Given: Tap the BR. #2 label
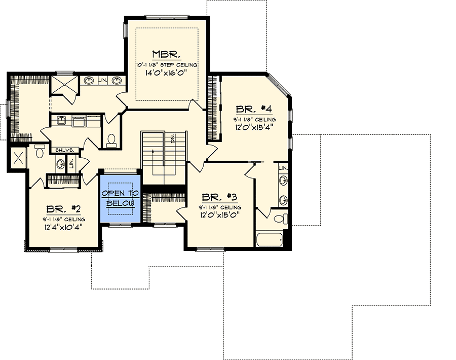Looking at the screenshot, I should point(64,209).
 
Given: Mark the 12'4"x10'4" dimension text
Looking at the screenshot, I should point(64,227).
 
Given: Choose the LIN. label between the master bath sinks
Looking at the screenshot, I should point(102,80).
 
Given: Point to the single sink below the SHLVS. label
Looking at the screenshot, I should point(60,163).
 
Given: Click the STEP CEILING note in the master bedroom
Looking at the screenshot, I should point(166,65).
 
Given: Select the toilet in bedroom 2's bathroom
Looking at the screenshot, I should point(40,148).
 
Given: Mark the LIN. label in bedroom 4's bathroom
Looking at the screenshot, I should point(284,167).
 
